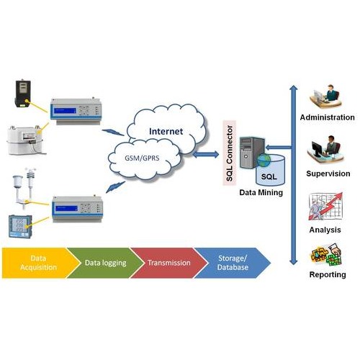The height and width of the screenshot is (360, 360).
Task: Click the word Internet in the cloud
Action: tap(166, 131)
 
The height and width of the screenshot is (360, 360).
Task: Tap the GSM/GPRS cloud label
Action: tap(142, 158)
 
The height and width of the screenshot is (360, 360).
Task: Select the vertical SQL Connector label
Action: tap(230, 153)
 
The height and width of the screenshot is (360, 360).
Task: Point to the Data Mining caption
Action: tap(261, 192)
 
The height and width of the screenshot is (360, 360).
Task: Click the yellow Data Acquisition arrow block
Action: tap(38, 263)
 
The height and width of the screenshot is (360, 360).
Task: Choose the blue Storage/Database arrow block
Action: tap(233, 263)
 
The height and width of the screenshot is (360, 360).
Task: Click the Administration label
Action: tap(327, 117)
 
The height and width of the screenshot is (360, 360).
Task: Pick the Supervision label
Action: tap(328, 174)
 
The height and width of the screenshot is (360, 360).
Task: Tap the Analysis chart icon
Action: tap(325, 207)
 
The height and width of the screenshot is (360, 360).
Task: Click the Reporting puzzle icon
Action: tap(326, 254)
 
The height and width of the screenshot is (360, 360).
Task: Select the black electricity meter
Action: tap(23, 94)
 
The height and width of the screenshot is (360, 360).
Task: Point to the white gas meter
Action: tap(25, 140)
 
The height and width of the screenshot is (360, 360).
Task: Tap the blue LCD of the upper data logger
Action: tap(65, 111)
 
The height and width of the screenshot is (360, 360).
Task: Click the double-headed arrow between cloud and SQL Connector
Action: tap(206, 154)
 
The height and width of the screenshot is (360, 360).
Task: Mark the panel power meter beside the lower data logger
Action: tap(20, 226)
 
